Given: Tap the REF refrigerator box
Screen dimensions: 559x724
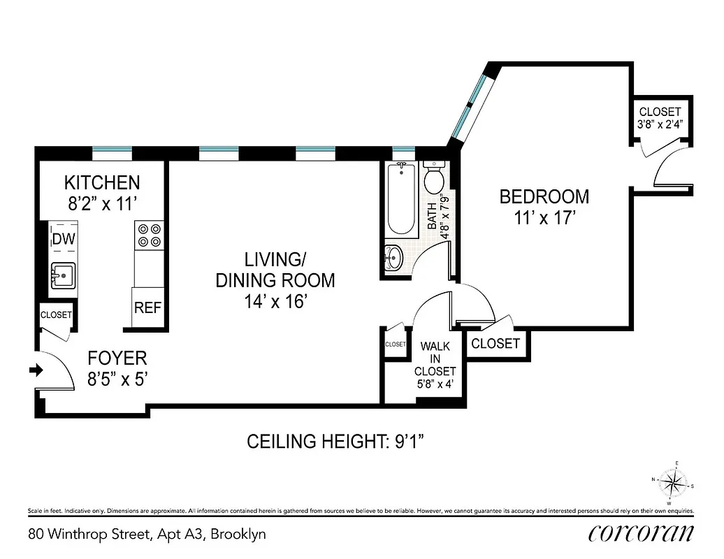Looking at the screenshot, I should [x=148, y=307].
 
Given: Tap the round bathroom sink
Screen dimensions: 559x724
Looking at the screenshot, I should [x=394, y=258].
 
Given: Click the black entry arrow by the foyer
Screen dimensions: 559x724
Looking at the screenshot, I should [x=34, y=370].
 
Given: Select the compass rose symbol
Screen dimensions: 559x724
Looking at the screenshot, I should [x=673, y=482].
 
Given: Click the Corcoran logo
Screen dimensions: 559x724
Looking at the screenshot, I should [x=641, y=533].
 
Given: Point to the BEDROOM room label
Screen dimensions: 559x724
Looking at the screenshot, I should [x=544, y=196].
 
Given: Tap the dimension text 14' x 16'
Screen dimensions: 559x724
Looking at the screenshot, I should [x=275, y=302].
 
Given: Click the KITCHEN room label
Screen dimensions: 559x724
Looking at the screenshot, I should [x=102, y=183].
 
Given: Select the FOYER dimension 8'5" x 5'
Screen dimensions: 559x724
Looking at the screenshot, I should [x=117, y=379].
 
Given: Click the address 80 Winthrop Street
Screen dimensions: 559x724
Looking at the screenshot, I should [x=147, y=535].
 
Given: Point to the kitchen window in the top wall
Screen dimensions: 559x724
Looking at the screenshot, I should [x=112, y=150].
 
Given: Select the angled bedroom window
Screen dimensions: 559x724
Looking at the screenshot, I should [x=469, y=106].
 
